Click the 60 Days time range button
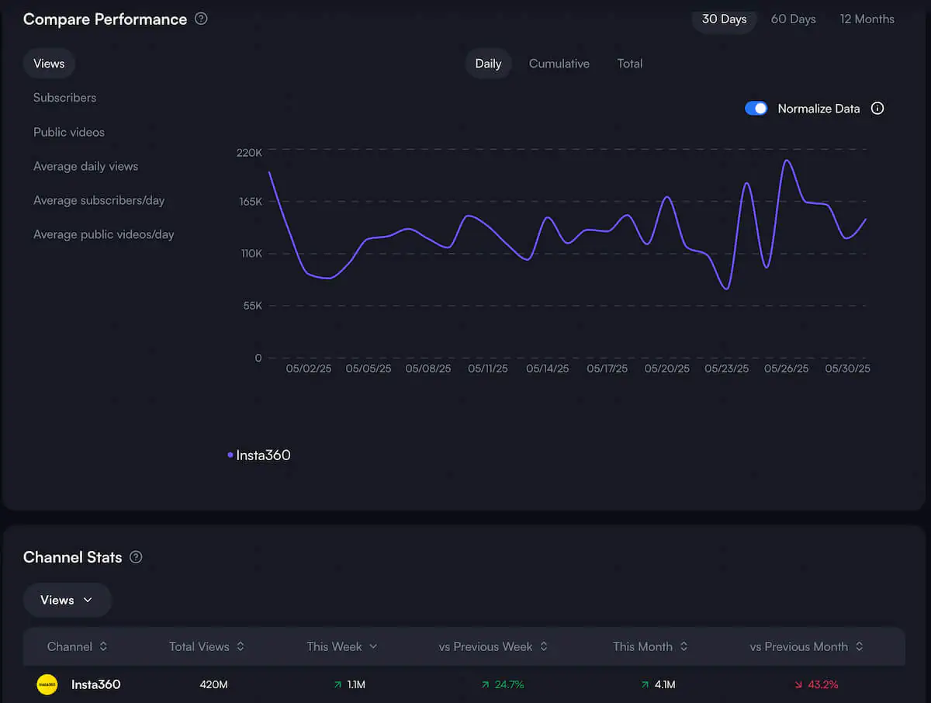coord(793,19)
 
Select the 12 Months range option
coord(867,19)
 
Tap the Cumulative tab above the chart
coord(559,64)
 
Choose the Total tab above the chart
coord(629,64)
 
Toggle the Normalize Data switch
coord(756,109)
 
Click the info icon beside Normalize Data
coord(877,109)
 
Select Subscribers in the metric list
coord(64,98)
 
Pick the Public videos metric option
coord(68,132)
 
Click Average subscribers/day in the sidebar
coord(99,200)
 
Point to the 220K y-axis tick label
coord(249,152)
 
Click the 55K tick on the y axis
coord(253,306)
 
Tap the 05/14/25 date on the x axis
coord(547,369)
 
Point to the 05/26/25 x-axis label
coord(786,369)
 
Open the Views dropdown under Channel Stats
coord(67,600)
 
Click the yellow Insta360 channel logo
coord(47,684)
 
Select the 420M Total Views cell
coord(213,684)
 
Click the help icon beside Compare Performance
coord(201,19)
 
